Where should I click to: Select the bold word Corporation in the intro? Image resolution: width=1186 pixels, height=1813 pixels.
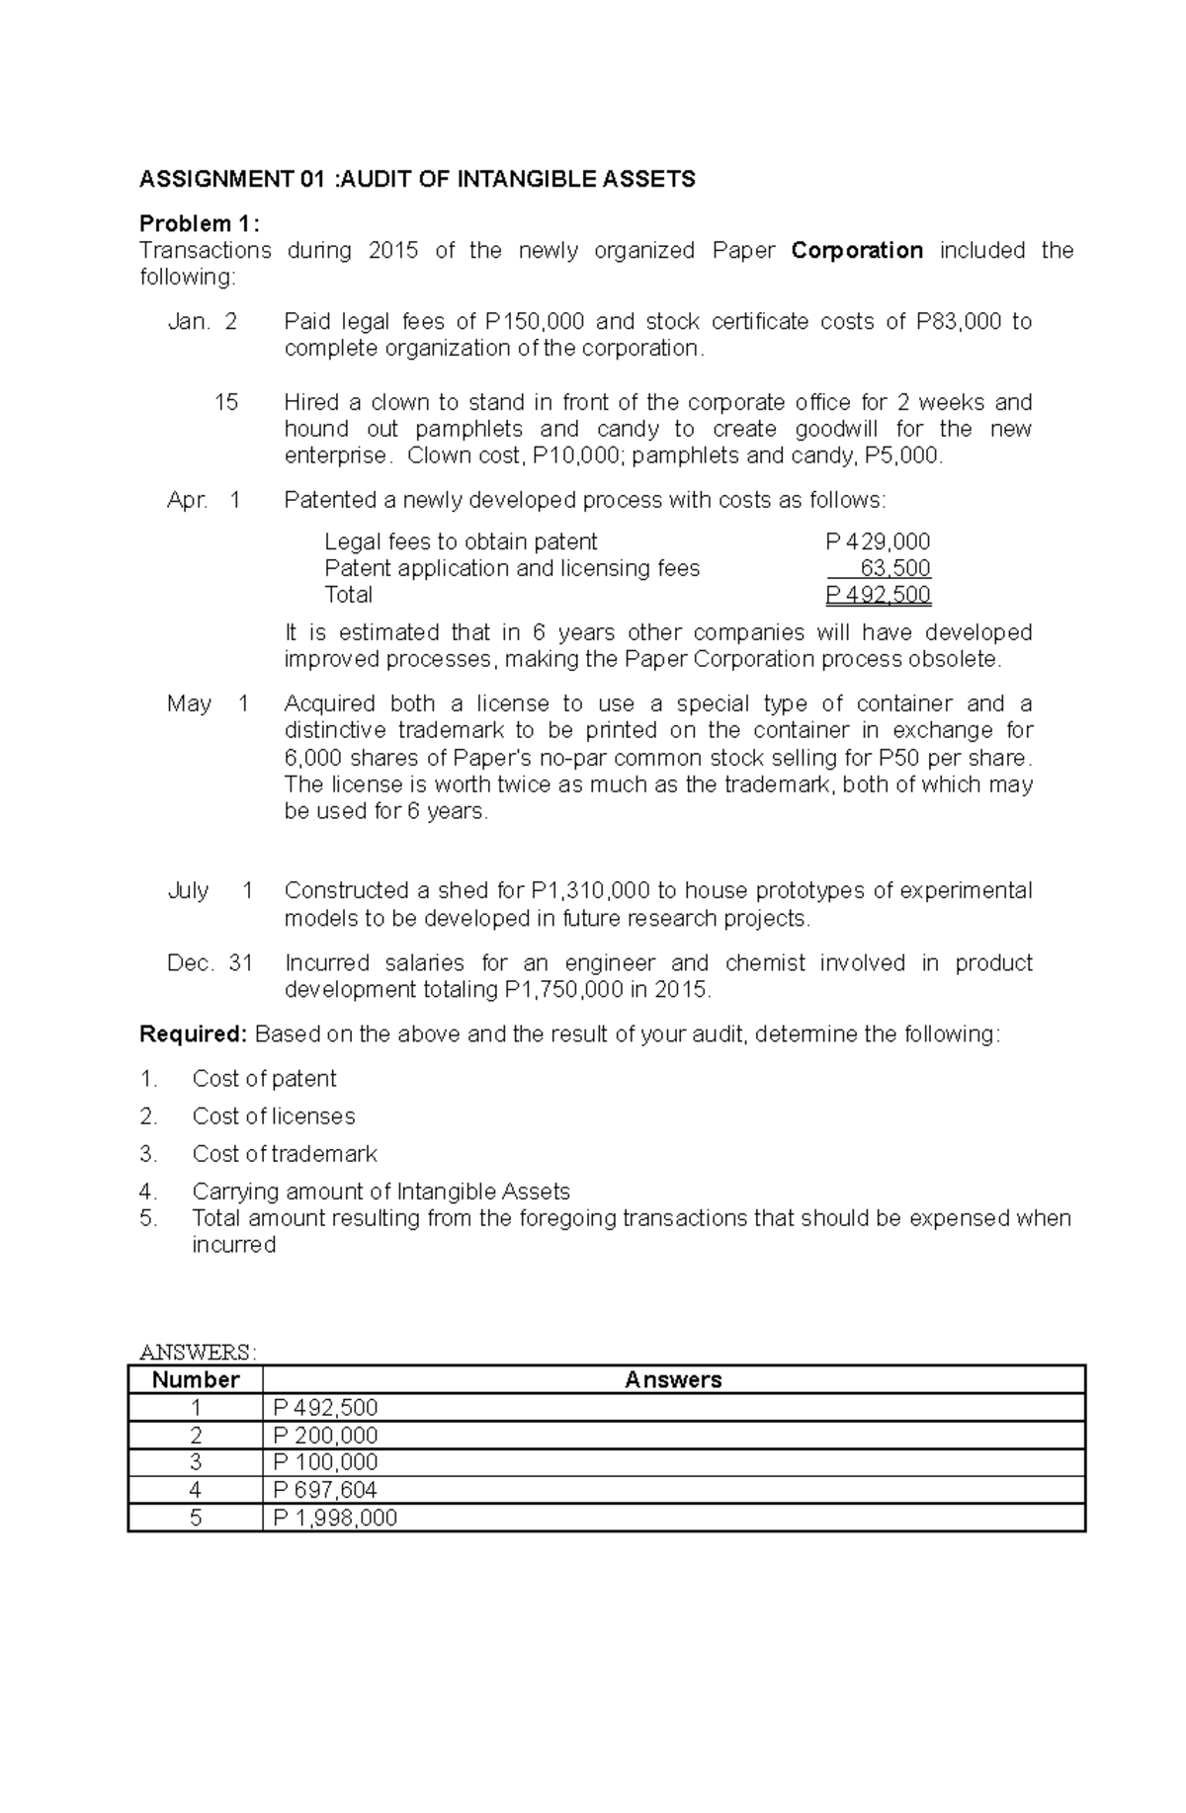point(857,250)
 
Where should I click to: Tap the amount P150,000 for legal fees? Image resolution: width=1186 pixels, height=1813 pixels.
point(535,321)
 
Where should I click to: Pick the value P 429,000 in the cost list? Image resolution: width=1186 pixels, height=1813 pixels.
point(878,541)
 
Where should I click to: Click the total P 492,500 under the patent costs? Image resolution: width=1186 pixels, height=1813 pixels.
point(878,595)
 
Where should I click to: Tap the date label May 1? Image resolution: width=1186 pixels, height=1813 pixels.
point(208,703)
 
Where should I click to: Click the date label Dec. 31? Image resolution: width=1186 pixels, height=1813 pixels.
point(210,962)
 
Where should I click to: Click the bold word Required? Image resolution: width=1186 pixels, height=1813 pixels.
point(193,1034)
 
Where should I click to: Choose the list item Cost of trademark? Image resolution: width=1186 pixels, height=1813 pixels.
point(285,1154)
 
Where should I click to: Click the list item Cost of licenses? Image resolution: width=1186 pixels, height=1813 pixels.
point(274,1116)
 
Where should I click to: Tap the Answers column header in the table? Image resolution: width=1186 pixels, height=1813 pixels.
point(673,1380)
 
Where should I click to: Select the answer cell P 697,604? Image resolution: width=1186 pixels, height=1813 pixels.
point(325,1490)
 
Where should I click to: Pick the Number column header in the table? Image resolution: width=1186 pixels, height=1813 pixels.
point(196,1380)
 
